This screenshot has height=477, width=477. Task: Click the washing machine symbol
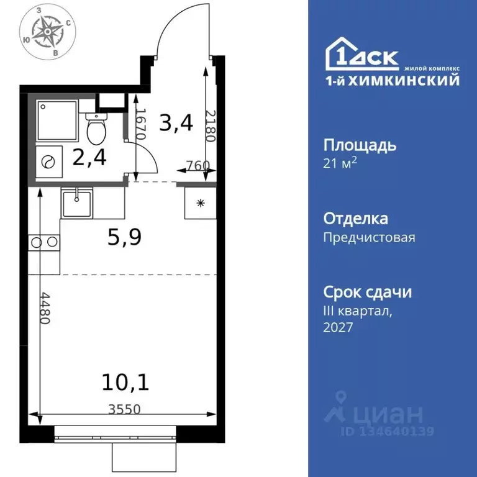[x=47, y=161]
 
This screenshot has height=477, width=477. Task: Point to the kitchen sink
[x=76, y=203]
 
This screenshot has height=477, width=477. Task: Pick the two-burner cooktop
[x=43, y=241]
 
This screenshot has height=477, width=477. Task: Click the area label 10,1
[x=125, y=381]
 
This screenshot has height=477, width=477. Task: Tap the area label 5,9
[x=125, y=237]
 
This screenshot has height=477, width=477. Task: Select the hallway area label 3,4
[x=176, y=122]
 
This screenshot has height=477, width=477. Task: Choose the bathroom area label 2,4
[x=89, y=157]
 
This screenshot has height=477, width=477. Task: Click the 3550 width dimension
[x=124, y=409]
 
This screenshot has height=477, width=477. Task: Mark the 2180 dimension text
[x=210, y=126]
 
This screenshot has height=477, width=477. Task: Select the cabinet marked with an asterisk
[x=200, y=202]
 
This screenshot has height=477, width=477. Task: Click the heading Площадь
[x=360, y=145]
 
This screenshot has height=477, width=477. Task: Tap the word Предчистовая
[x=369, y=237]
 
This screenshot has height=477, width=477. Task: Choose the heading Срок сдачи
[x=367, y=292]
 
